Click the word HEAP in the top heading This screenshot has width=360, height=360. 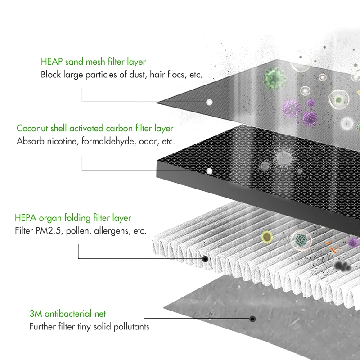coord(51,62)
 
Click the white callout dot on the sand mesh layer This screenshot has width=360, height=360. coord(209,103)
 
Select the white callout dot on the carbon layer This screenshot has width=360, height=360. coord(209,171)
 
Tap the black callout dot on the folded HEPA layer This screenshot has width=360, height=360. coord(206,259)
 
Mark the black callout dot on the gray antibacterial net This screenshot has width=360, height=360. coord(252,319)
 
